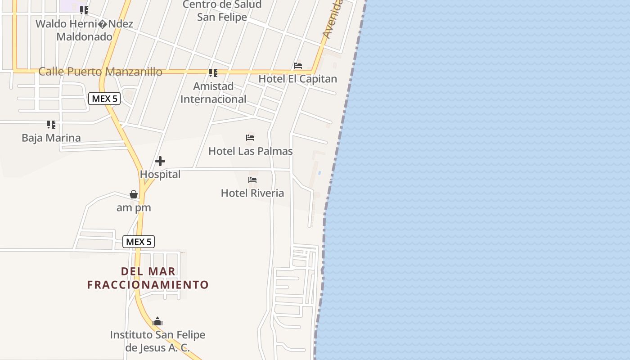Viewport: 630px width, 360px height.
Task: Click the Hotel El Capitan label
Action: [297, 79]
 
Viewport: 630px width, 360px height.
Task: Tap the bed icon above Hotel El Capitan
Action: [298, 66]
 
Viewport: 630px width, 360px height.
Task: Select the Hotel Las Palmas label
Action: [251, 151]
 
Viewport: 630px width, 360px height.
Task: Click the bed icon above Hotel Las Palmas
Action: [250, 138]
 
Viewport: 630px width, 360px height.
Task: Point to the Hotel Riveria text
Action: [252, 193]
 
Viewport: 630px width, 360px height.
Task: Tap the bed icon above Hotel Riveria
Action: [252, 180]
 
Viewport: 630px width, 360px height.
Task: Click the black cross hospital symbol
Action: [160, 161]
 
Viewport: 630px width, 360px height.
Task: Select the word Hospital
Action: [160, 174]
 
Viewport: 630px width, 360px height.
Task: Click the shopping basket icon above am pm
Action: [134, 194]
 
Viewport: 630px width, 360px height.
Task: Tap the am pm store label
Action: [134, 207]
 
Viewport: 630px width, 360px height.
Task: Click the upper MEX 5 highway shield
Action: [104, 99]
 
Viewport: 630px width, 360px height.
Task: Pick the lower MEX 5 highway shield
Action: [139, 242]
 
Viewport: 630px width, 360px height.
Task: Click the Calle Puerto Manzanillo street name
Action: [100, 72]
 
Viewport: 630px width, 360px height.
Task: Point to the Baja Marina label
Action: [51, 138]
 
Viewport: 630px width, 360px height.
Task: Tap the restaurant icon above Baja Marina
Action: [51, 124]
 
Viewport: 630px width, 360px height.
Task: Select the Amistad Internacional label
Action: [213, 92]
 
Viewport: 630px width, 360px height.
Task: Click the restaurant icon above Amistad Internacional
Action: [213, 72]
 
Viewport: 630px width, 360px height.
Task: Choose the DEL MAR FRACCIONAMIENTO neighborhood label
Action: [148, 278]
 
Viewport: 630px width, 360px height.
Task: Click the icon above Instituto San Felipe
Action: [157, 321]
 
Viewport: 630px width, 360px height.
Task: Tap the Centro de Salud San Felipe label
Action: [222, 11]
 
